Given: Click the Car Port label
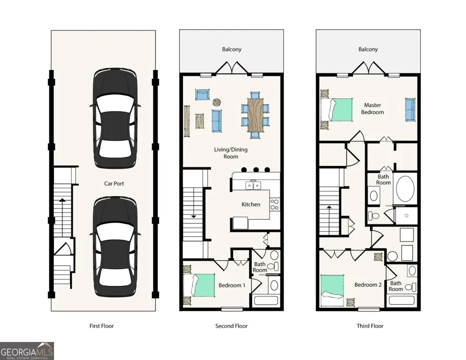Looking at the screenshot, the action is [114, 184].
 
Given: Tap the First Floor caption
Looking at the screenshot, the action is [102, 326].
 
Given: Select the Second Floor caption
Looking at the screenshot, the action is [232, 326].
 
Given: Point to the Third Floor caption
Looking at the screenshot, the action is [370, 326].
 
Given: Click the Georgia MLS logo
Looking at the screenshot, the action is [27, 351].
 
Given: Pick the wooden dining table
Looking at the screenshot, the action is [255, 115].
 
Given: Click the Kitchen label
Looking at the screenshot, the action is [251, 204].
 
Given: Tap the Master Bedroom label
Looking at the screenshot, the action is [372, 109].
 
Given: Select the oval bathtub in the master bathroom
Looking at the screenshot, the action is [405, 190].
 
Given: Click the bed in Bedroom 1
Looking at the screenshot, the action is [199, 285].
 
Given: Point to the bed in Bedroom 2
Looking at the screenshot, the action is [332, 291].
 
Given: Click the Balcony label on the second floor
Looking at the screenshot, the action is [232, 49].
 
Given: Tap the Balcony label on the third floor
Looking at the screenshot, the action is [368, 49].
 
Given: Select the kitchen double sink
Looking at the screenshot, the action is [253, 185].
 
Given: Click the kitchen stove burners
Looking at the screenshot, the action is [274, 204].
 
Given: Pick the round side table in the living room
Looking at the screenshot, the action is [217, 102].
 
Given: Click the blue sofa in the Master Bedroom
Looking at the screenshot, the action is [411, 110].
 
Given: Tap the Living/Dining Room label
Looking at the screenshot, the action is [231, 153].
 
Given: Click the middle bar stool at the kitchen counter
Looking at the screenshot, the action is [256, 170].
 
